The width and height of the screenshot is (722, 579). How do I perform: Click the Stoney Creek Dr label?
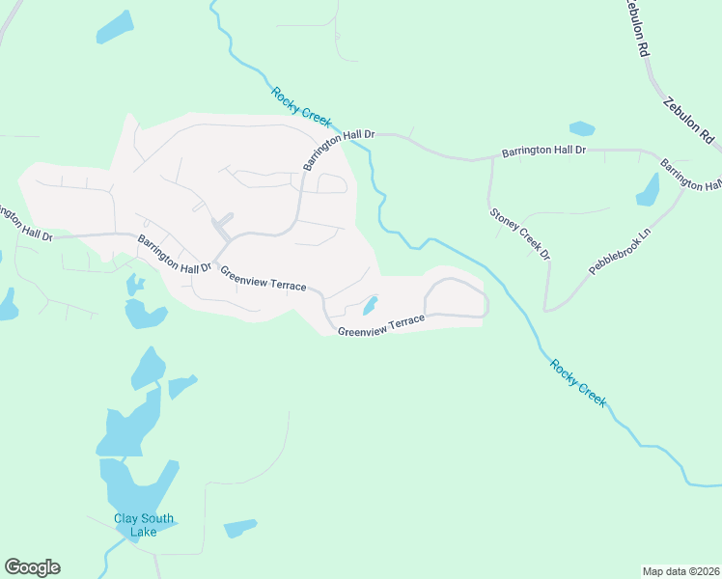point(519,234)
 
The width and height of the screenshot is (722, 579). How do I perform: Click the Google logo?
point(32,567)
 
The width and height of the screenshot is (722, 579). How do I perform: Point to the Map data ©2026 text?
point(680,570)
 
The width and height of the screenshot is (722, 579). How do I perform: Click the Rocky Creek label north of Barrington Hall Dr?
point(301,107)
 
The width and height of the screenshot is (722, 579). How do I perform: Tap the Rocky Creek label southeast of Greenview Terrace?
point(578,382)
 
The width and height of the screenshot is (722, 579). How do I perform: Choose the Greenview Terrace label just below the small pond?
point(381,325)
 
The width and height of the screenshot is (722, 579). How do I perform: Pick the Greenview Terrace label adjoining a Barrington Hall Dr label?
point(264,280)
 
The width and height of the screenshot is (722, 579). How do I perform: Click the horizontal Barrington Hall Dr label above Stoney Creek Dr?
point(543,152)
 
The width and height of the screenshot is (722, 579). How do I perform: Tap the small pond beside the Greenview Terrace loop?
point(370,307)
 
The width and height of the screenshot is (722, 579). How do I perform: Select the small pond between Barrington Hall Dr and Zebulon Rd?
point(582,127)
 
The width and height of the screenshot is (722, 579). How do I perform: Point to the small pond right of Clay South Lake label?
point(240,528)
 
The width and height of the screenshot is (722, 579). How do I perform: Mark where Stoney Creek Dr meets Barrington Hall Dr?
point(491,156)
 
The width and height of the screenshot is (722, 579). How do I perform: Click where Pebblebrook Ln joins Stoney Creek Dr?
point(546,310)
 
